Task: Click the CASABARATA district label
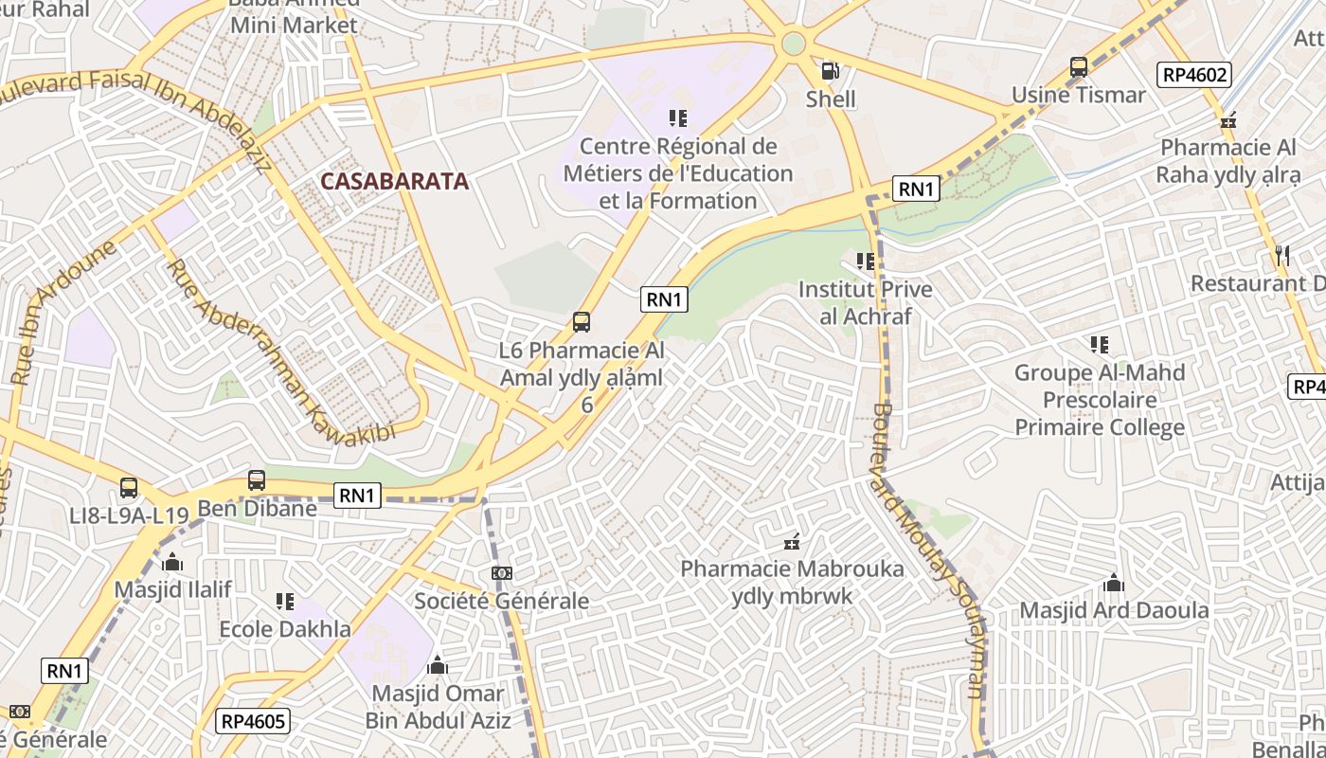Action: point(394,181)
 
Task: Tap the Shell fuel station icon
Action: point(830,71)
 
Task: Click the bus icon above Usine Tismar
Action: point(1078,67)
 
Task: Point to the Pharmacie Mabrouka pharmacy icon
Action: point(792,543)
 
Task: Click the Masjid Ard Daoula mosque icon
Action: point(1114,583)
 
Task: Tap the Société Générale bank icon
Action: point(502,573)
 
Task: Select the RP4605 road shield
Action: point(253,721)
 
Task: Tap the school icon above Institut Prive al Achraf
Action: point(865,262)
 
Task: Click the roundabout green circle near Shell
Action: point(793,44)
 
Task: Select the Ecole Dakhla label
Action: point(284,629)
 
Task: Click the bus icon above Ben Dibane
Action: point(257,480)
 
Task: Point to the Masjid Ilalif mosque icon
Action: point(172,562)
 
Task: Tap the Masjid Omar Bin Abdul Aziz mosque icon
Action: point(437,666)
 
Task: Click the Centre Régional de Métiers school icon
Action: point(677,118)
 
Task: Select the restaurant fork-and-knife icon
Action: point(1282,255)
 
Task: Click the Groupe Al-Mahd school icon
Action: point(1099,345)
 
